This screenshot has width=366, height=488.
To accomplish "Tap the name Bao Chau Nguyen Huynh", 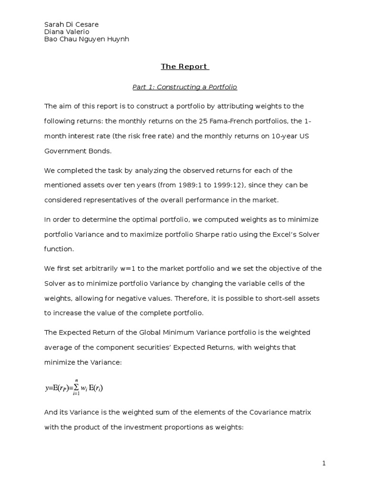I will [x=87, y=39].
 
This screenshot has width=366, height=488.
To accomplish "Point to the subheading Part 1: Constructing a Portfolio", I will [x=184, y=87].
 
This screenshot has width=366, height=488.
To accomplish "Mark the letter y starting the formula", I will [x=47, y=388].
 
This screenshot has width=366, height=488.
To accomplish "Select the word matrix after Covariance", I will [x=300, y=412].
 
